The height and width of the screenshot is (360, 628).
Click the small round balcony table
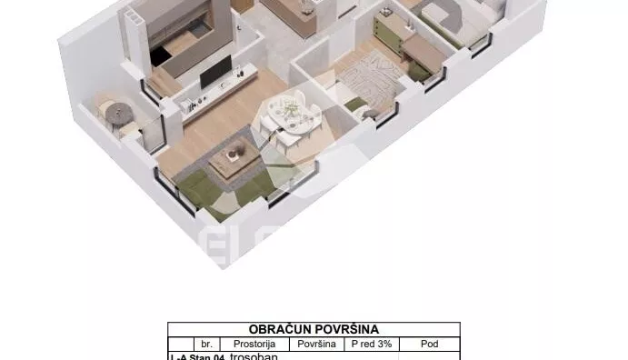point(115,113)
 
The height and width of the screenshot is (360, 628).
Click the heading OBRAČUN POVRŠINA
point(314,329)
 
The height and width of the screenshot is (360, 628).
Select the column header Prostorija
point(254,345)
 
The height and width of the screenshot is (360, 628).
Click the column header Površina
point(315,345)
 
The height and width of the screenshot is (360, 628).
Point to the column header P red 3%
point(371,345)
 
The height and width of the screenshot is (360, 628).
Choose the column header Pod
point(430,345)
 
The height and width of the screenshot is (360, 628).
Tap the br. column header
point(207,345)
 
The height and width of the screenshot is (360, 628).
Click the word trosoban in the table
point(254,356)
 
